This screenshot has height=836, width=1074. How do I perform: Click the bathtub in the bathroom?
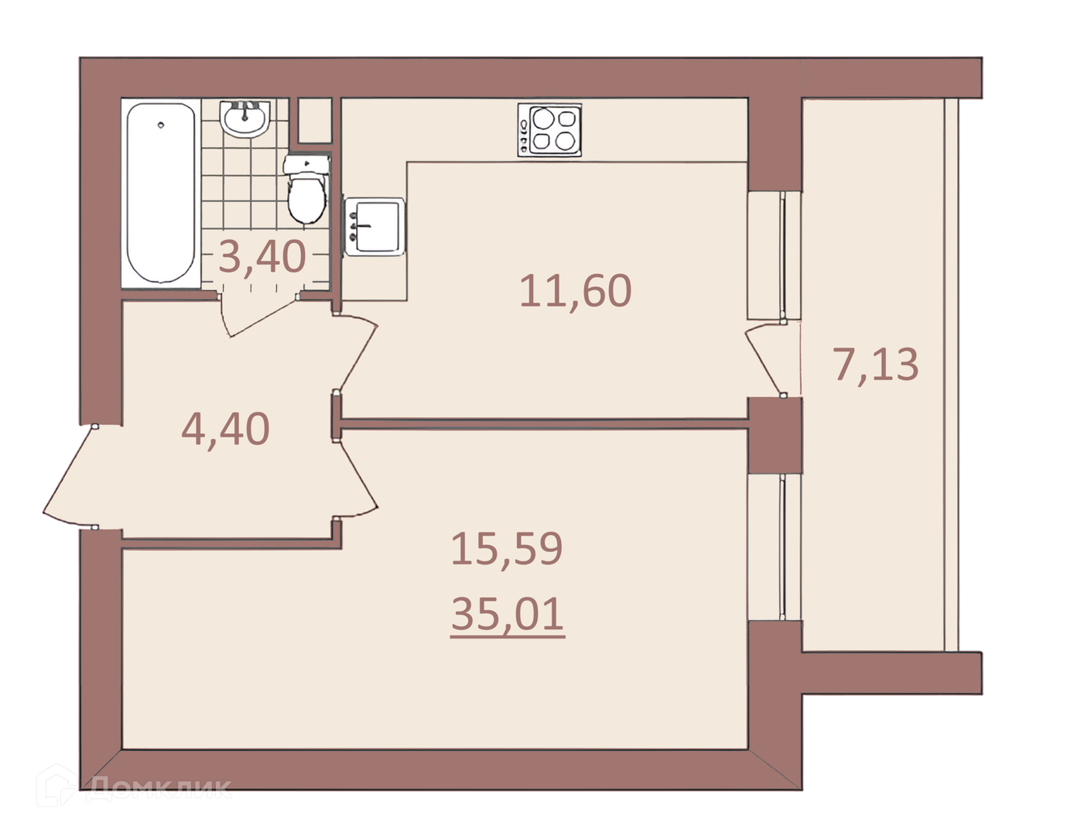coord(161,193)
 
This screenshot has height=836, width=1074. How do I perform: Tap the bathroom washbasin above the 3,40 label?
coord(245,118)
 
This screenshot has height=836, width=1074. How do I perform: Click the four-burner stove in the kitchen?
coord(549,130)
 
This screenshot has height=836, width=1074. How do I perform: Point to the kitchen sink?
coord(375,227)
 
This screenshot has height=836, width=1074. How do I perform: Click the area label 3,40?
coord(262,256)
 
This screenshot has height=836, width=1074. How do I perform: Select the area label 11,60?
coord(576,291)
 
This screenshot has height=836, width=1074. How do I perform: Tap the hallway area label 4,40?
coord(225,429)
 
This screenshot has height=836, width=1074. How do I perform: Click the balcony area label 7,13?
coord(876,365)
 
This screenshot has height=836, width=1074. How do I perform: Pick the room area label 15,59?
coord(507,548)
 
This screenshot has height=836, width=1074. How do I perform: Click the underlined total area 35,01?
coord(508,615)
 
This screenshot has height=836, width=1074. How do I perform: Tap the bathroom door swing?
coord(258,315)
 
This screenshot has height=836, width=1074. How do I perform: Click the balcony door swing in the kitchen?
coord(766,359)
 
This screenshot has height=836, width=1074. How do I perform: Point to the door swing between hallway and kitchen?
coord(357,353)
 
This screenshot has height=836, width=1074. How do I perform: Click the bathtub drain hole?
coord(161,125)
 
